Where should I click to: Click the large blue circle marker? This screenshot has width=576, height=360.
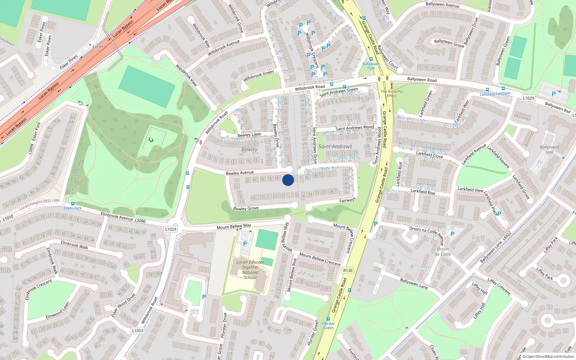tap(288, 180)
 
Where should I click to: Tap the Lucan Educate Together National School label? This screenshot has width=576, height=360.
tap(250, 270)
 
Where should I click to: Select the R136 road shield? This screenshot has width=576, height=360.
tap(348, 270)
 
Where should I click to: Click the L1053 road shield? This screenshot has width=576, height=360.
tap(138, 330)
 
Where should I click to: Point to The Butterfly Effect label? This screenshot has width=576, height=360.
tap(392, 94)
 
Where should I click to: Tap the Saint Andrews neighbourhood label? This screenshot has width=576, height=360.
tap(335, 147)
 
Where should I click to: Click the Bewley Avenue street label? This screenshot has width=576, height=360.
tap(240, 173)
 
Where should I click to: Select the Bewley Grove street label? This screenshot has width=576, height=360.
tap(246, 208)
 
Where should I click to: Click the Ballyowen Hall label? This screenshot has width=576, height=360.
tap(549, 149)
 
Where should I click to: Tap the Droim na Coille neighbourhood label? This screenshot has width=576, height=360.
tap(443, 252)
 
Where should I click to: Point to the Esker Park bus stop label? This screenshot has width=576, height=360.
tap(73, 208)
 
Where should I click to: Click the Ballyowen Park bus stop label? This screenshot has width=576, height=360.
tap(371, 66)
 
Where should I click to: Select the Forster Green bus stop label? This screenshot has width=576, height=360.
tap(328, 325)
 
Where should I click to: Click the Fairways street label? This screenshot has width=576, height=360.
tap(347, 200)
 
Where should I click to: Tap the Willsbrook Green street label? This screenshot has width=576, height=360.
tap(258, 76)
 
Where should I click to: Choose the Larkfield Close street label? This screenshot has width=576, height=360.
tap(429, 155)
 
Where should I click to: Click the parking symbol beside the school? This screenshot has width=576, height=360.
tap(245, 244)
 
